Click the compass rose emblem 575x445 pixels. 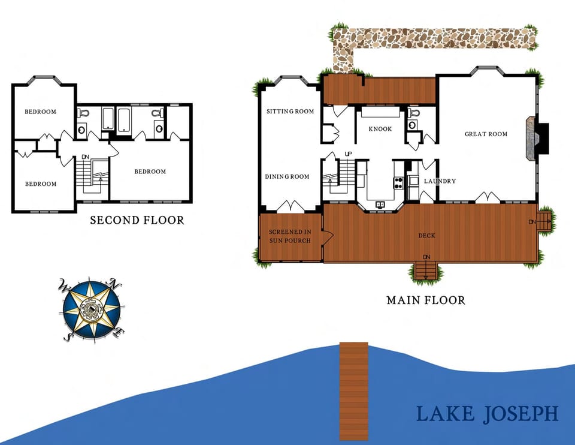(92, 309)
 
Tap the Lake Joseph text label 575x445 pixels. (487, 414)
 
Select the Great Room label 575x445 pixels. (486, 134)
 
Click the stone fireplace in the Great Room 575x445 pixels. (532, 139)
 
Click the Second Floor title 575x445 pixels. (137, 221)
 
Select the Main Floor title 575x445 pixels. (425, 300)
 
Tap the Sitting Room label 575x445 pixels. (290, 112)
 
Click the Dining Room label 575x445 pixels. (287, 176)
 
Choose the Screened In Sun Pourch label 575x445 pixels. (290, 236)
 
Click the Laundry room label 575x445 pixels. (440, 181)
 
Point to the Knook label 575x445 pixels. (380, 129)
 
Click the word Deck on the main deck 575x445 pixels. (426, 236)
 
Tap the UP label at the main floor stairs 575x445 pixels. (348, 154)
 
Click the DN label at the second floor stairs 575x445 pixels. (85, 157)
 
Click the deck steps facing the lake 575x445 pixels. (426, 270)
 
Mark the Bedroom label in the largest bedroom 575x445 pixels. (150, 172)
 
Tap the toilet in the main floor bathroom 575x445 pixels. (412, 123)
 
